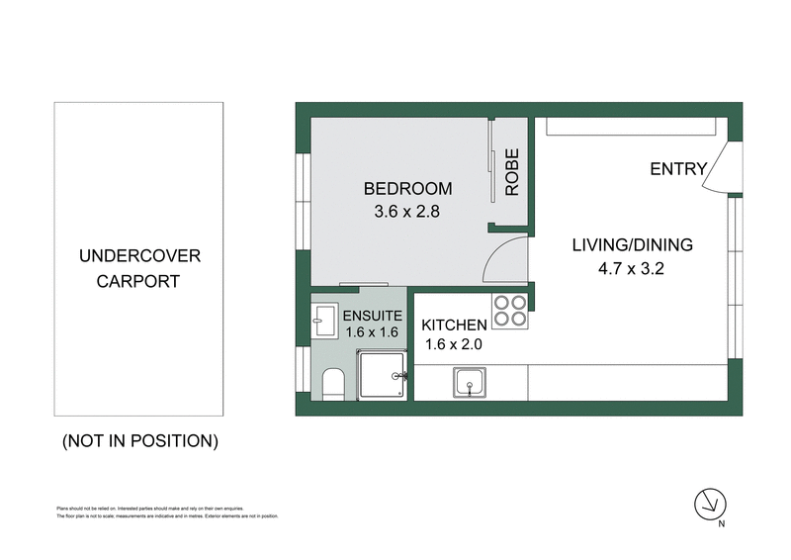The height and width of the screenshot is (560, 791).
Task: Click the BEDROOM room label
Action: [407, 189]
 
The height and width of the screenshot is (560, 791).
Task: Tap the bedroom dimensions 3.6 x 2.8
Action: [407, 211]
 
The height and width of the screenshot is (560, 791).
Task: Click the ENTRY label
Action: [678, 169]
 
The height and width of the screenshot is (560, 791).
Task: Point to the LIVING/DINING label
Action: [633, 245]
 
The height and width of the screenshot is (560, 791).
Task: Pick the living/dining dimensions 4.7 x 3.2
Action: [633, 267]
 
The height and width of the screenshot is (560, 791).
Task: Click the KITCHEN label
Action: [455, 326]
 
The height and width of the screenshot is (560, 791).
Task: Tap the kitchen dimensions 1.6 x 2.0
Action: [455, 345]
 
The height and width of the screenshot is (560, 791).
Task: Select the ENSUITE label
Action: [371, 316]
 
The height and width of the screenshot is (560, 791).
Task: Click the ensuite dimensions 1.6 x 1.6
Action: [371, 333]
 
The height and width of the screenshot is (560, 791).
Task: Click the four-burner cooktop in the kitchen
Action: [511, 312]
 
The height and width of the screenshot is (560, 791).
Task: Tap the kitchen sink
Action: [470, 381]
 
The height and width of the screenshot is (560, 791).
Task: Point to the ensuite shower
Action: [381, 377]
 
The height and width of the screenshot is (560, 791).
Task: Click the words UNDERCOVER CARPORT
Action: [138, 268]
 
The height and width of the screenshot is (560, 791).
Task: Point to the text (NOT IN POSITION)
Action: [139, 440]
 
